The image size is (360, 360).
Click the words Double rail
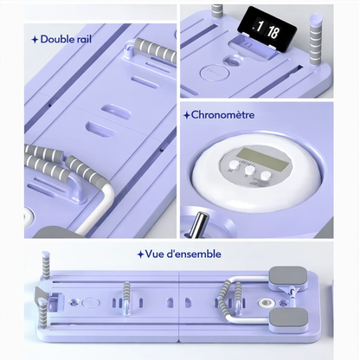(66, 39)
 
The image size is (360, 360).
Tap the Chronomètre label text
(222, 115)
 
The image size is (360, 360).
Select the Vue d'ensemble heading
(183, 254)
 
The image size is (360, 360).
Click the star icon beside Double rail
(35, 40)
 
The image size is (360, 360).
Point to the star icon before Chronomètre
(187, 115)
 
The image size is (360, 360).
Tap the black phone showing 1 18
(267, 29)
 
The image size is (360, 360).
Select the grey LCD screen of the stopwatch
(262, 159)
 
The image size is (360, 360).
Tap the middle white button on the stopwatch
(249, 171)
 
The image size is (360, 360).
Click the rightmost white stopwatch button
(266, 176)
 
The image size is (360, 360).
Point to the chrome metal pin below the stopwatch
(199, 224)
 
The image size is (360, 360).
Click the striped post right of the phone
(316, 39)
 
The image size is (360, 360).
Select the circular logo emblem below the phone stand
(215, 73)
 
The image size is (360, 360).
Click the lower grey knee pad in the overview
(289, 318)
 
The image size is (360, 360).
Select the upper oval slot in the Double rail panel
(116, 111)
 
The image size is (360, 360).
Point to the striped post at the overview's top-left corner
(46, 265)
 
